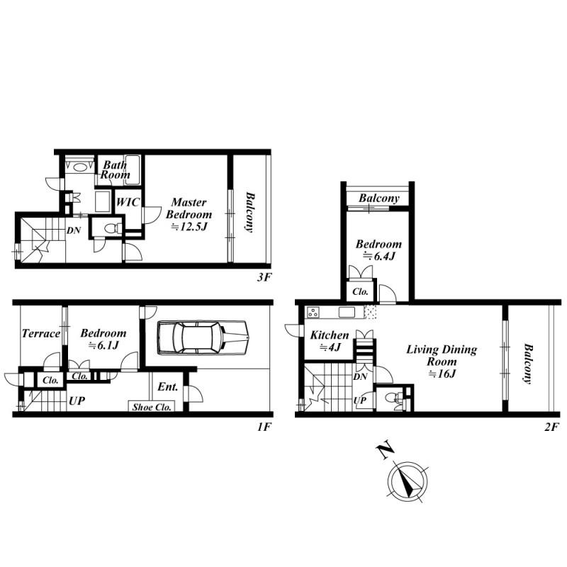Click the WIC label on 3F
coord(128,202)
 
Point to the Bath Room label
coord(113,169)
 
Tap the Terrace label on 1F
coord(40,333)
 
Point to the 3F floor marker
coord(264,278)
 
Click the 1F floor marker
coord(264,427)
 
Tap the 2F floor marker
coord(552,427)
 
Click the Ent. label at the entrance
coord(167,386)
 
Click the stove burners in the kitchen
coord(314,313)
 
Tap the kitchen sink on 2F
coord(347,313)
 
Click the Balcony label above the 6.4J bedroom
coord(378,198)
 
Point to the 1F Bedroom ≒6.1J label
coord(103,339)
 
